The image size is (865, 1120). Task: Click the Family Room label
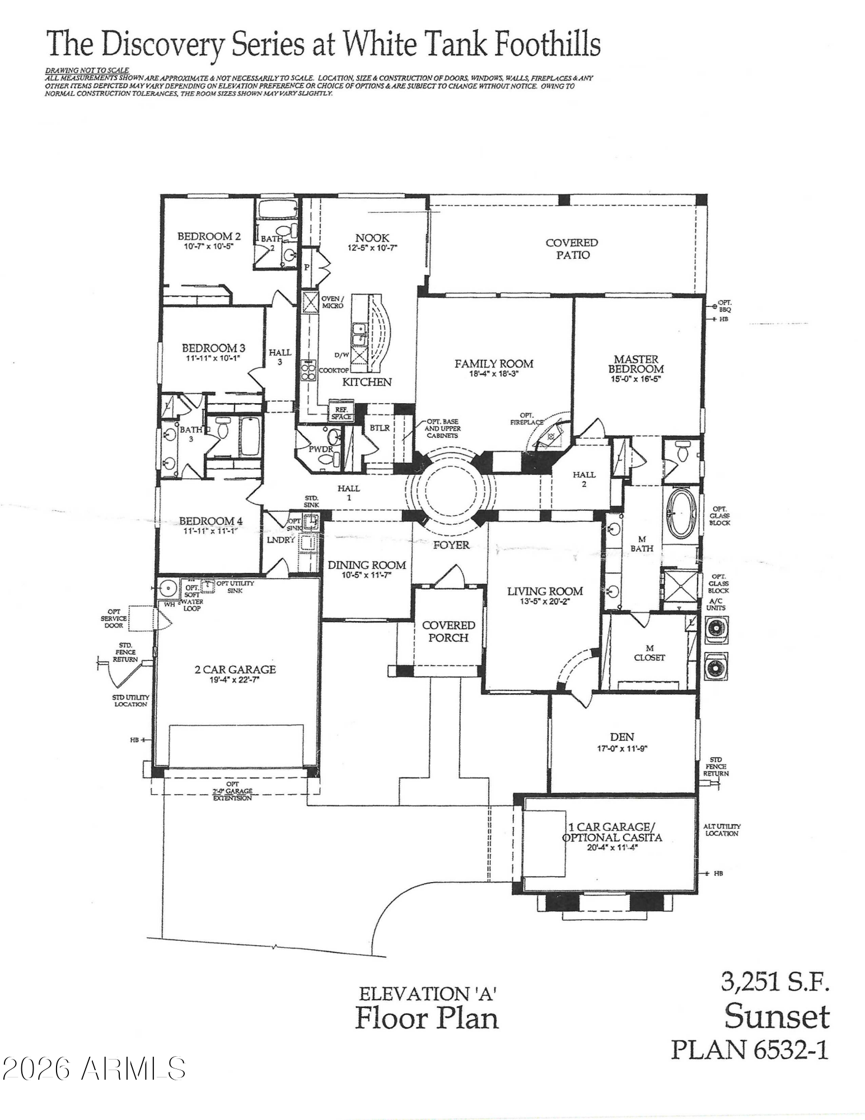[493, 364]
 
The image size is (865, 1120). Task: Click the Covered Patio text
[572, 249]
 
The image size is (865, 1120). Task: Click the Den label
[622, 738]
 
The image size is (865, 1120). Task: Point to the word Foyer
[451, 545]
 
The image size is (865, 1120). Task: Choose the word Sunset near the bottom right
[777, 1017]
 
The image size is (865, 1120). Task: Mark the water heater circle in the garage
[166, 589]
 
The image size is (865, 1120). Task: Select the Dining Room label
[367, 565]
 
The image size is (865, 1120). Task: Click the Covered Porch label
[448, 631]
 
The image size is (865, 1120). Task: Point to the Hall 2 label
[583, 479]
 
